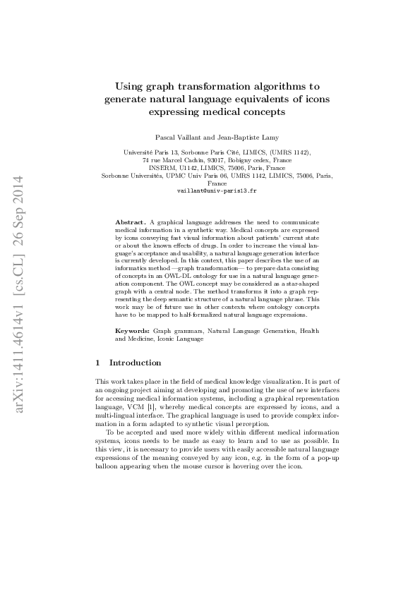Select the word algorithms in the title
click(x=279, y=86)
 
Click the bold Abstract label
click(x=131, y=222)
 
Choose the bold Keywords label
click(x=132, y=330)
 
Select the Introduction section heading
click(x=134, y=363)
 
